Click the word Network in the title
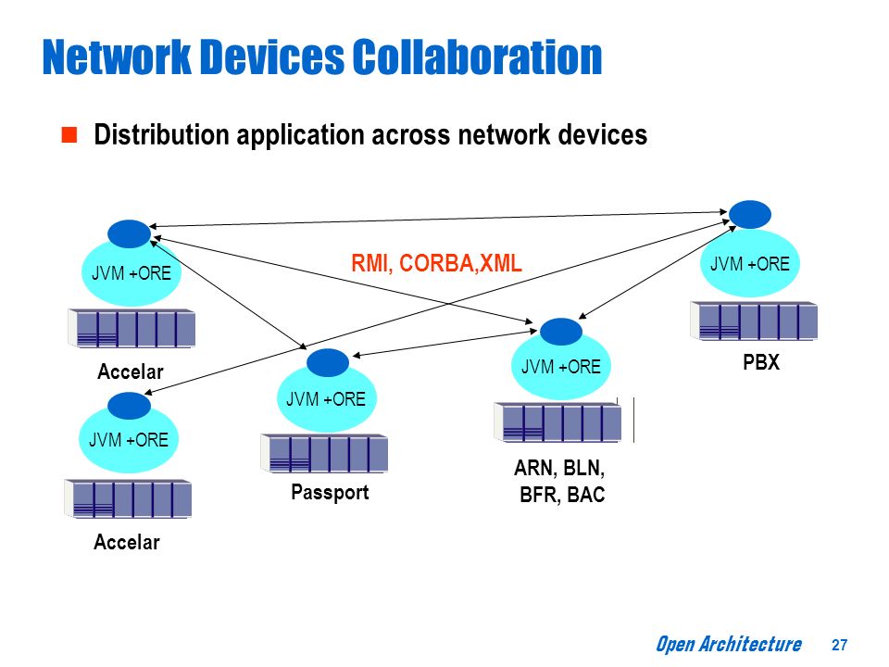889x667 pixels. (x=117, y=57)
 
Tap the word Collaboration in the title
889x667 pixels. (x=478, y=57)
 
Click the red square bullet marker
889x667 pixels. (x=69, y=135)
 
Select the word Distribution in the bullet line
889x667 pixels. (x=161, y=135)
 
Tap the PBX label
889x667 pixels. (x=761, y=362)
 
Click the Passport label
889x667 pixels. (x=330, y=492)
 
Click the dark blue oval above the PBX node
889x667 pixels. (x=749, y=214)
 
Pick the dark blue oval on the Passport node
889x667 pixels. (x=328, y=363)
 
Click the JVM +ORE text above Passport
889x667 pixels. (x=325, y=399)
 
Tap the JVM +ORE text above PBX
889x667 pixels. (x=749, y=264)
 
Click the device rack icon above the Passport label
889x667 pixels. (x=324, y=453)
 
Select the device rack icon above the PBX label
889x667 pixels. (x=754, y=321)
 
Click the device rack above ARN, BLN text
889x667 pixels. (x=557, y=422)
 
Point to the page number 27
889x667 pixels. (x=839, y=645)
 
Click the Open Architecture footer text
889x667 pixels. (x=729, y=645)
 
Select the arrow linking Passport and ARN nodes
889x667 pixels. (x=444, y=343)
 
